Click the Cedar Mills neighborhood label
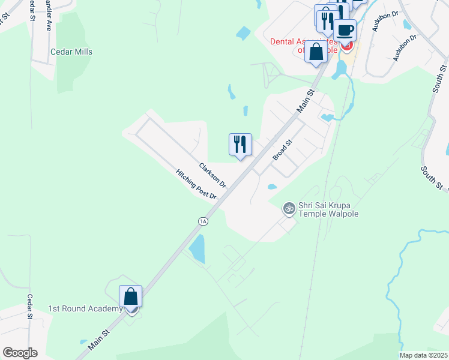(x=71, y=52)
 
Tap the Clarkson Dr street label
(x=212, y=174)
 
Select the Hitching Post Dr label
(x=196, y=184)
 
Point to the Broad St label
(x=282, y=149)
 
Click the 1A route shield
(x=203, y=221)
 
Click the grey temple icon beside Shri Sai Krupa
(x=289, y=208)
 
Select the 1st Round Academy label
(x=85, y=309)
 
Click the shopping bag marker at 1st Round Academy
(x=131, y=297)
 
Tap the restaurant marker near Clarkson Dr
(x=240, y=145)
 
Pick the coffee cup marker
(x=345, y=29)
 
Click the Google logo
(x=20, y=353)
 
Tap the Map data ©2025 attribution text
(x=423, y=355)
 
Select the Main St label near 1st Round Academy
(x=99, y=338)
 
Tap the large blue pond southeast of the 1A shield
(x=197, y=248)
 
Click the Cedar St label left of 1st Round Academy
(x=29, y=307)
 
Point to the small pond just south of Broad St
(x=272, y=187)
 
